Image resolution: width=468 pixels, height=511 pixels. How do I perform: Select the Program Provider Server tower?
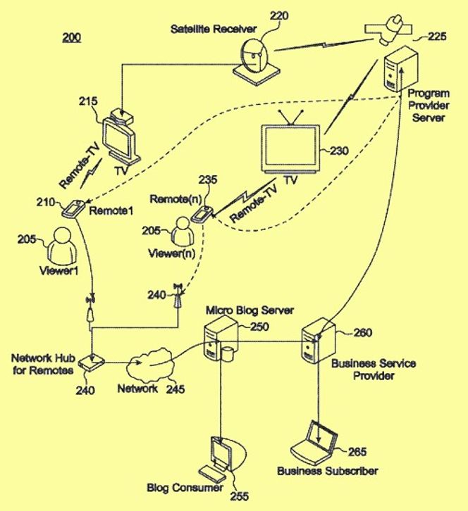point(400,68)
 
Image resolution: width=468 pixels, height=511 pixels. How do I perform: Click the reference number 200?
point(72,37)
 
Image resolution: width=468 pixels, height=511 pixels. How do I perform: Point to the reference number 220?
point(279,15)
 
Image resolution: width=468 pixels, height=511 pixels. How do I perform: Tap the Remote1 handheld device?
point(73,208)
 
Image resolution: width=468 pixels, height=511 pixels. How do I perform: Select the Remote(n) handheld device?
point(202,214)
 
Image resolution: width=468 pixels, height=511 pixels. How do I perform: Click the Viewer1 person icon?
point(62,245)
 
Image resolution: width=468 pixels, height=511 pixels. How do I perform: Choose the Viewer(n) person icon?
point(183,232)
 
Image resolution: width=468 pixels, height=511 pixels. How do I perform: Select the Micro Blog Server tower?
point(221,340)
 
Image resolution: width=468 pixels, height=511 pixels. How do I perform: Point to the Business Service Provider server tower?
point(318,340)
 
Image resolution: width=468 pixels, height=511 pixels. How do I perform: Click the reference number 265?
point(357,452)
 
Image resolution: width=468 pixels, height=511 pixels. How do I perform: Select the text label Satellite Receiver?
point(213,29)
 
